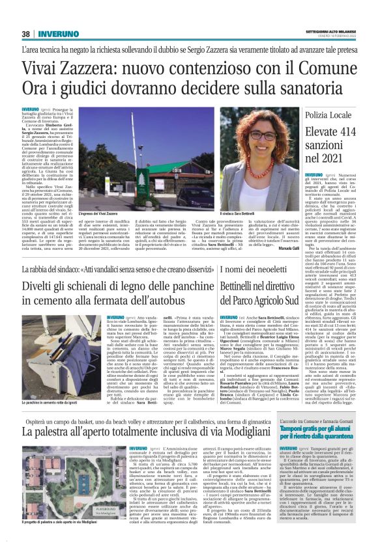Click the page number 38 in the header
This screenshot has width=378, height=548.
(26, 34)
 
